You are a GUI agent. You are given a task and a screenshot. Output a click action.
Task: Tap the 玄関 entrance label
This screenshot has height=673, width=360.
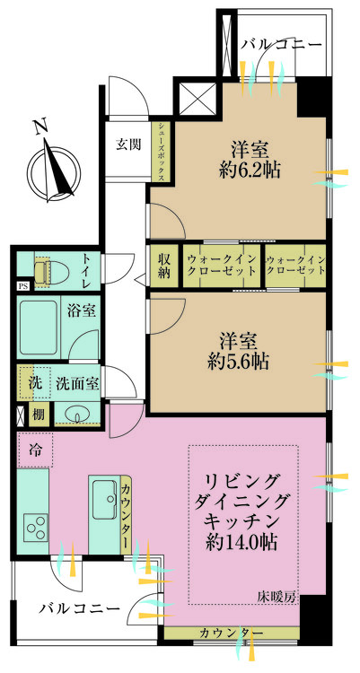pyautogui.click(x=127, y=145)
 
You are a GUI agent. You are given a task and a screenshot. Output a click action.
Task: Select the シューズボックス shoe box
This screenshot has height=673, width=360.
pyautogui.click(x=161, y=152)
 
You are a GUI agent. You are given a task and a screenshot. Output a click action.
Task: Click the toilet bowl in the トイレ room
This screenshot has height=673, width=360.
pyautogui.click(x=42, y=271)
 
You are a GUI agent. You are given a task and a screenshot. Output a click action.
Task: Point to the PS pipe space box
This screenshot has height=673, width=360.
pyautogui.click(x=22, y=286)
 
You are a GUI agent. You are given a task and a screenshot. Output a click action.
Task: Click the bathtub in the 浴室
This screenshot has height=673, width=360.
pyautogui.click(x=39, y=327)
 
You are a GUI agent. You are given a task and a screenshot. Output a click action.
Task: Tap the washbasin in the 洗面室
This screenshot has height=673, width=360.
pyautogui.click(x=77, y=415)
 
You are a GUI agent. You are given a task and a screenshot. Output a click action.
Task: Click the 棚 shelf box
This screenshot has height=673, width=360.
pyautogui.click(x=40, y=415)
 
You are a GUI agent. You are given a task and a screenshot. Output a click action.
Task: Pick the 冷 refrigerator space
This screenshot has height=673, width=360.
pyautogui.click(x=35, y=450)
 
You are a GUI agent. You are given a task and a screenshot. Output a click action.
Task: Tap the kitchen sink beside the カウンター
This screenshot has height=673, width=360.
pyautogui.click(x=104, y=499)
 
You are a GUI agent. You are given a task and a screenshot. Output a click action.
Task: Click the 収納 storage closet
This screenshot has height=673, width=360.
pyautogui.click(x=163, y=267)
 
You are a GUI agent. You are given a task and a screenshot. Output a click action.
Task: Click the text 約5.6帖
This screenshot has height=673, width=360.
pyautogui.click(x=238, y=363)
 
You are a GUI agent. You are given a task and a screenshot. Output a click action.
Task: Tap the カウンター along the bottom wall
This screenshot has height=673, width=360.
pyautogui.click(x=232, y=633)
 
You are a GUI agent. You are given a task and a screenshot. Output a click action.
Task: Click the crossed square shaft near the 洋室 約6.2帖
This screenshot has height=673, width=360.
pyautogui.click(x=198, y=99)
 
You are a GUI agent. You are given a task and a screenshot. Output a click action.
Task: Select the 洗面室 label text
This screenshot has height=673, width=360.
pyautogui.click(x=78, y=383)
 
